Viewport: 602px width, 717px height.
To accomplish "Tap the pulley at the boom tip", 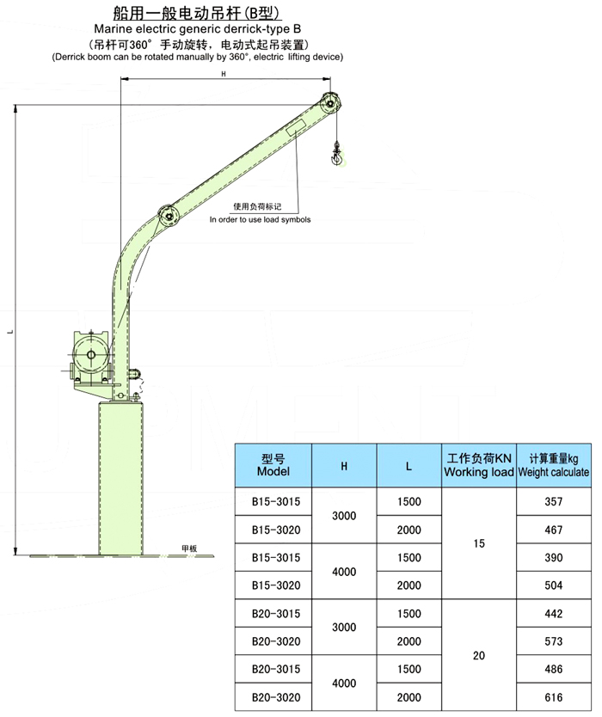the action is point(330,103).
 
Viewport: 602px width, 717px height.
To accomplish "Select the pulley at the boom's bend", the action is point(169,214).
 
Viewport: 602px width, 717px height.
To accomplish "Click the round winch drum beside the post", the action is point(91,355).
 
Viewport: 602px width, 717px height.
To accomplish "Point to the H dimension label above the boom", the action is point(224,74).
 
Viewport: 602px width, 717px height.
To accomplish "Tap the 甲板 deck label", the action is point(189,548).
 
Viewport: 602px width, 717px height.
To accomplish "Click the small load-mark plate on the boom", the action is point(297,126).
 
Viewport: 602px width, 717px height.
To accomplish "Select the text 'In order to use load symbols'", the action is point(260,219).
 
